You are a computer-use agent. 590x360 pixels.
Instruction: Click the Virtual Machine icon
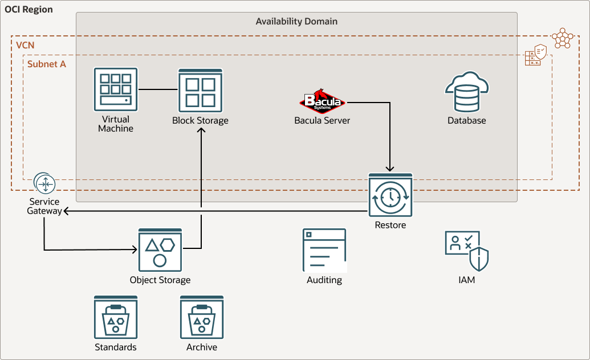pos(116,89)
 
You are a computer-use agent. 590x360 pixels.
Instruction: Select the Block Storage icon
pos(200,91)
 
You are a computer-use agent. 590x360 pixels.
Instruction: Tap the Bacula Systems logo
pos(323,101)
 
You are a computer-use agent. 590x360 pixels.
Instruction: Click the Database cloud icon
pos(467,92)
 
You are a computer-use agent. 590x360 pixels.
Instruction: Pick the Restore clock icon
pos(390,195)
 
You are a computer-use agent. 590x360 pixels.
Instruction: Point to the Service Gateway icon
pos(44,183)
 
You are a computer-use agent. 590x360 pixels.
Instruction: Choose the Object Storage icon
pos(160,250)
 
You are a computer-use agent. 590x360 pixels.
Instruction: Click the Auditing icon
pos(324,250)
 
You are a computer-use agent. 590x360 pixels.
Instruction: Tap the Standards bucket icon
pos(116,317)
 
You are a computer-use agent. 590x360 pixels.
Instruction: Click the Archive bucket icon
pos(202,317)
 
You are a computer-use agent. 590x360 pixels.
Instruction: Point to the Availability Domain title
pos(296,22)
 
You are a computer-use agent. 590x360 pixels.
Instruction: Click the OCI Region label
pos(29,10)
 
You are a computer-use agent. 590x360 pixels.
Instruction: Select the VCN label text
pos(25,44)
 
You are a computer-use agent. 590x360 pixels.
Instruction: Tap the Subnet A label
pos(47,64)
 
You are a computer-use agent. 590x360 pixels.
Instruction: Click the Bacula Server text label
pos(322,120)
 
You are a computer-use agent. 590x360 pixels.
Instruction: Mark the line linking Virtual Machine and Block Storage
pos(158,89)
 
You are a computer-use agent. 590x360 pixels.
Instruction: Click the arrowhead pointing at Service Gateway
pos(66,211)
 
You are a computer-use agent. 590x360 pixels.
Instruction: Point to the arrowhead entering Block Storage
pos(201,130)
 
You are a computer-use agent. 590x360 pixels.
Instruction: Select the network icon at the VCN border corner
pos(562,38)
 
